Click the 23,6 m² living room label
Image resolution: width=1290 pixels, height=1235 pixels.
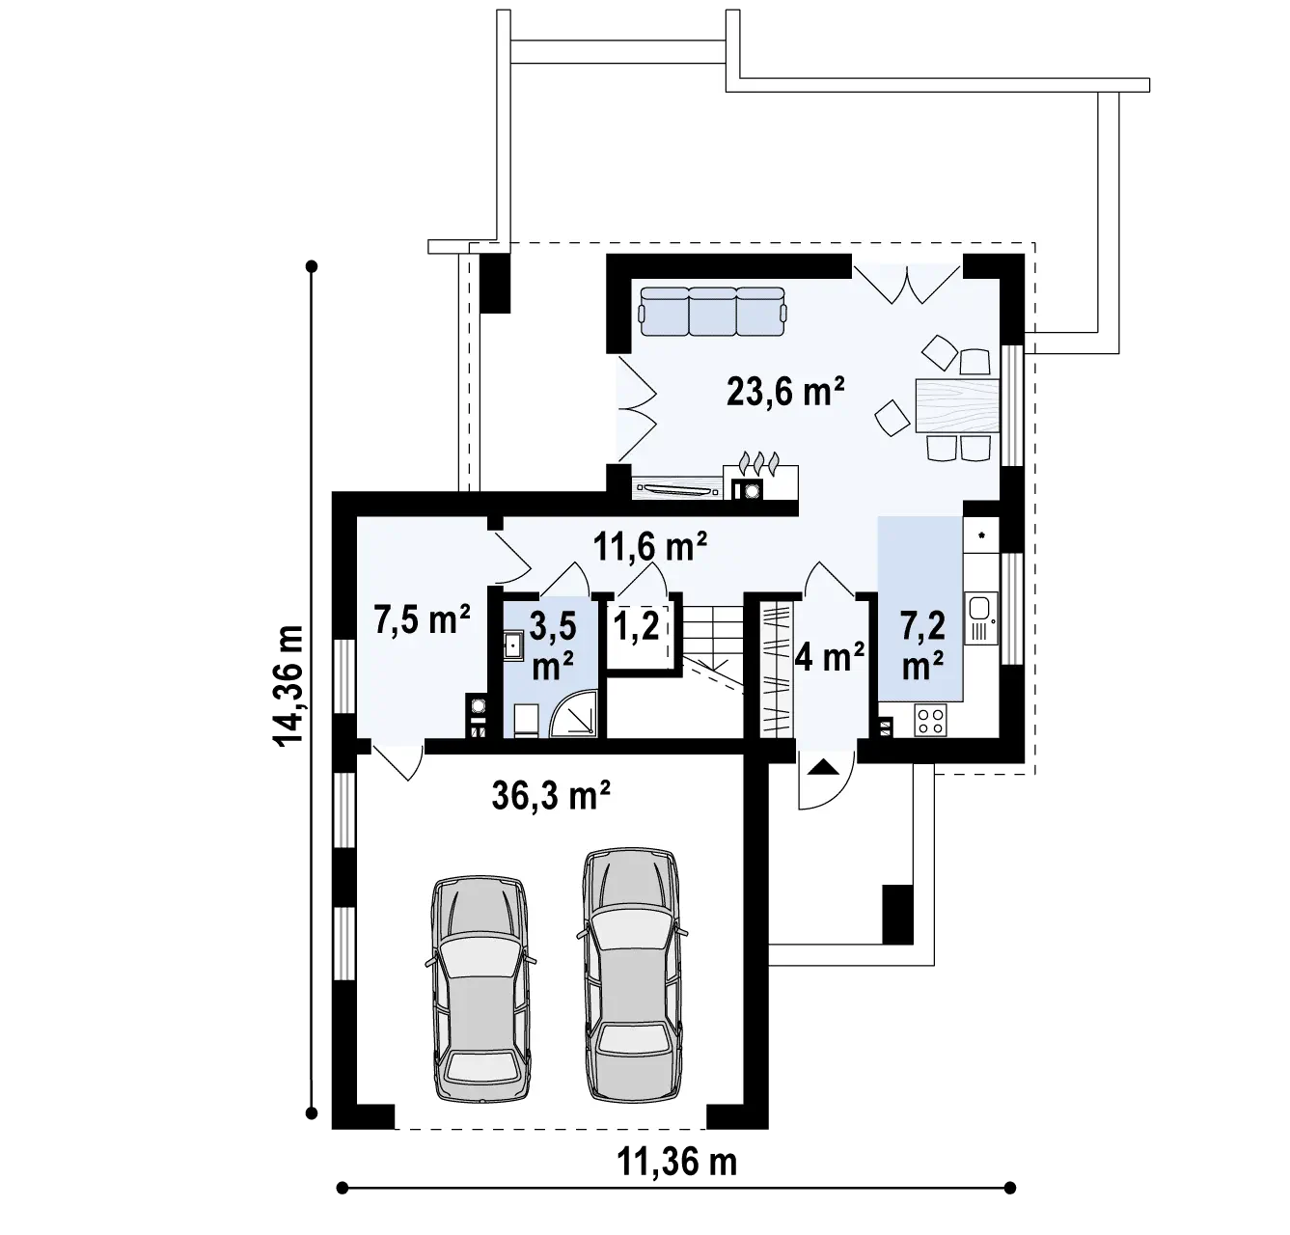(785, 392)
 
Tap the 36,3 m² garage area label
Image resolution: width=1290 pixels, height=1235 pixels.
(551, 795)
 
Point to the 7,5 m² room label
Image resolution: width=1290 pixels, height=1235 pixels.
(423, 619)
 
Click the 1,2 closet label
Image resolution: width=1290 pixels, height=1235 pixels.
(637, 625)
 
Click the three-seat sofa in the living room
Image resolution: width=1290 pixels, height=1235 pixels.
(713, 312)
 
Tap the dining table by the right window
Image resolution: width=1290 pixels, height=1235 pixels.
(957, 405)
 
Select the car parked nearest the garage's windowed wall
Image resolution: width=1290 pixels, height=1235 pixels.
(480, 990)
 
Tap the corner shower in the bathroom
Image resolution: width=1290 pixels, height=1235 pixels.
(574, 714)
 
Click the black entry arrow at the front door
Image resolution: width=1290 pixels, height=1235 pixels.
(823, 767)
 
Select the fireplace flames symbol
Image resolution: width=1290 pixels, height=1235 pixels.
(759, 463)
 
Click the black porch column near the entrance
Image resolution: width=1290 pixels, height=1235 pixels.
(897, 915)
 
